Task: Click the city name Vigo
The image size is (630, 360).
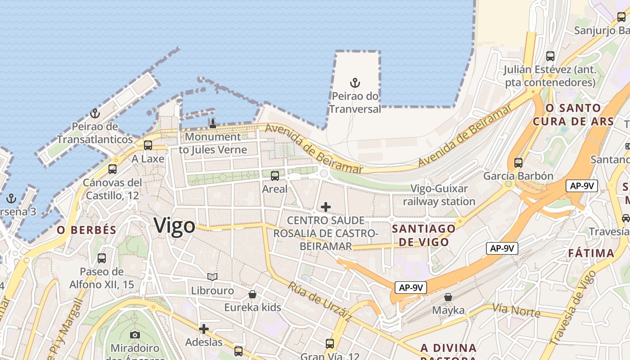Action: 175,225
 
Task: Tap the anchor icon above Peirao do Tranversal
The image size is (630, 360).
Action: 355,83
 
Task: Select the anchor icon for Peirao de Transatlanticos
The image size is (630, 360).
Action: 94,113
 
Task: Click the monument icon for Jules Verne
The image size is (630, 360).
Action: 213,123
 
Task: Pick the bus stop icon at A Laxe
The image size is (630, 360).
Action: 148,145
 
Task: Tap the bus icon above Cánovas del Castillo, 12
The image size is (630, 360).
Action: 112,169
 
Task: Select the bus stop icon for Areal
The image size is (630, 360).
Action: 275,176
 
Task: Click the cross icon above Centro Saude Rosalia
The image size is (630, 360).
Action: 326,207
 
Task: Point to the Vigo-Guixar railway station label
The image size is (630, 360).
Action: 439,195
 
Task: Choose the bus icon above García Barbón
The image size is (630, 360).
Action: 518,162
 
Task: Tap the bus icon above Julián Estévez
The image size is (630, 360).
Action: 550,56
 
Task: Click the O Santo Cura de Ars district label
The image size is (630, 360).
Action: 573,115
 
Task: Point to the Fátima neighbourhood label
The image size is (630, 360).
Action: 591,253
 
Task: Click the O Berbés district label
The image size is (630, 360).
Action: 86,230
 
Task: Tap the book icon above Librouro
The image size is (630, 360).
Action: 212,277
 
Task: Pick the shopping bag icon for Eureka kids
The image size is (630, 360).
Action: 253,294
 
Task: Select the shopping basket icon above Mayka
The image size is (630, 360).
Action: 448,297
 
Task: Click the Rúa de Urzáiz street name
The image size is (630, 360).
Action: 319,301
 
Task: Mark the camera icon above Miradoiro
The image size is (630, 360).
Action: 135,335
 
